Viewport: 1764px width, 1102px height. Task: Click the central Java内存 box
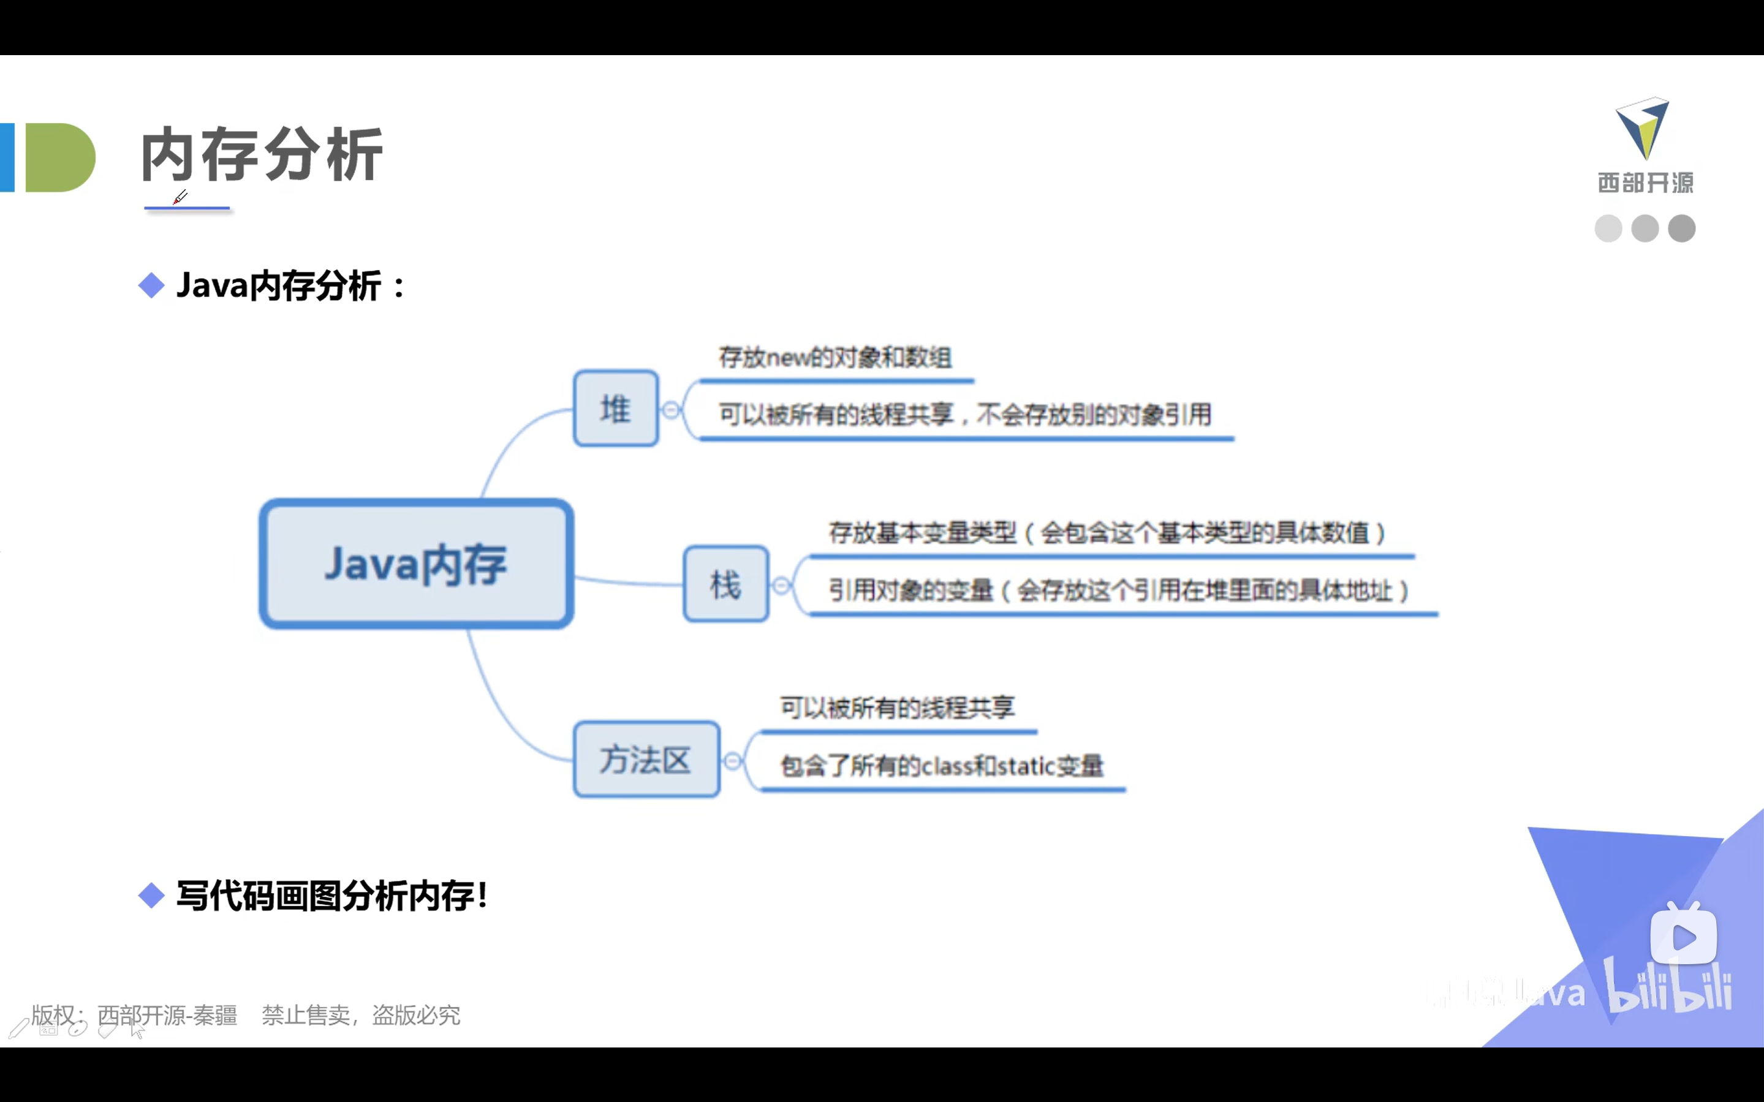point(416,564)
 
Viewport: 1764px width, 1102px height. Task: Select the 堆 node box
point(615,408)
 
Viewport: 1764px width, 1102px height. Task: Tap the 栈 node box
point(725,584)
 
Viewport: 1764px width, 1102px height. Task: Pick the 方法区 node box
point(646,760)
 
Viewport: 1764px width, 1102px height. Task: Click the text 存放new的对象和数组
point(835,357)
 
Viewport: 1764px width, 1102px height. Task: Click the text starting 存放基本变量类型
point(1107,533)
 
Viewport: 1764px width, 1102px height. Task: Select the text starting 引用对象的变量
point(1118,590)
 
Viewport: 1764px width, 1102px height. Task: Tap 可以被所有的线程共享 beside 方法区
point(897,707)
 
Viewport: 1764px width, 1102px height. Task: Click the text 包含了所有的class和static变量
point(942,765)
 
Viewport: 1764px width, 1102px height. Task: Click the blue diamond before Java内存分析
point(151,285)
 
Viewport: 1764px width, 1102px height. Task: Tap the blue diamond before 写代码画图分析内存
point(151,895)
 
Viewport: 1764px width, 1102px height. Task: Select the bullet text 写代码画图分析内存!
point(331,895)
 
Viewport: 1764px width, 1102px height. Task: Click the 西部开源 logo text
point(1645,182)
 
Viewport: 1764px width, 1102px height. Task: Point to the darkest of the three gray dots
point(1682,228)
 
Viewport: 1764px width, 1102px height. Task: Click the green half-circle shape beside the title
point(60,157)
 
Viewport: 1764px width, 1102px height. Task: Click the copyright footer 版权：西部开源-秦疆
point(135,1014)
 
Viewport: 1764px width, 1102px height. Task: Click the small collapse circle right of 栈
point(781,585)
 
